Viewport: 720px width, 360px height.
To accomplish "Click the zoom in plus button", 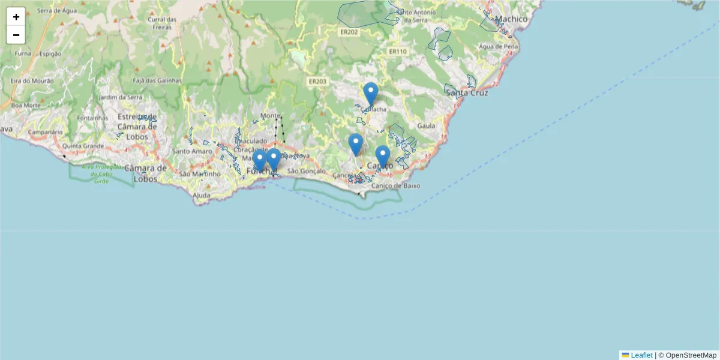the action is (16, 17).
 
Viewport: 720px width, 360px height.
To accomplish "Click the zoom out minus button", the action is (16, 35).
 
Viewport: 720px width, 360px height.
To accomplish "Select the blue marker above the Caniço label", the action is (383, 157).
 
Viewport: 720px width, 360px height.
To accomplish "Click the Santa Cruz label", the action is (467, 93).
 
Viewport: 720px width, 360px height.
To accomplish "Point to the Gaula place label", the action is (425, 125).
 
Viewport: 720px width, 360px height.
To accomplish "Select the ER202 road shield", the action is (348, 32).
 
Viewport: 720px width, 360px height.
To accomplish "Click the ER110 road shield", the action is (397, 52).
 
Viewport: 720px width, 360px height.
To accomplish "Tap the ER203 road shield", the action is (317, 81).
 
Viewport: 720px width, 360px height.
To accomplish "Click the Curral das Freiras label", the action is (163, 23).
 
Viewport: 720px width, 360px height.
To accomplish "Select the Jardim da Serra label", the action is (121, 97).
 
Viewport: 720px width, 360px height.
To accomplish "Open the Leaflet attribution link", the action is (641, 355).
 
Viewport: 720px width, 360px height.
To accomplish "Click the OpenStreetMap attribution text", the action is (691, 355).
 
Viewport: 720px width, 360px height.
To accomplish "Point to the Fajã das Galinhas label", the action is (157, 80).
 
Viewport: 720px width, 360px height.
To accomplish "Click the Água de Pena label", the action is (498, 46).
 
